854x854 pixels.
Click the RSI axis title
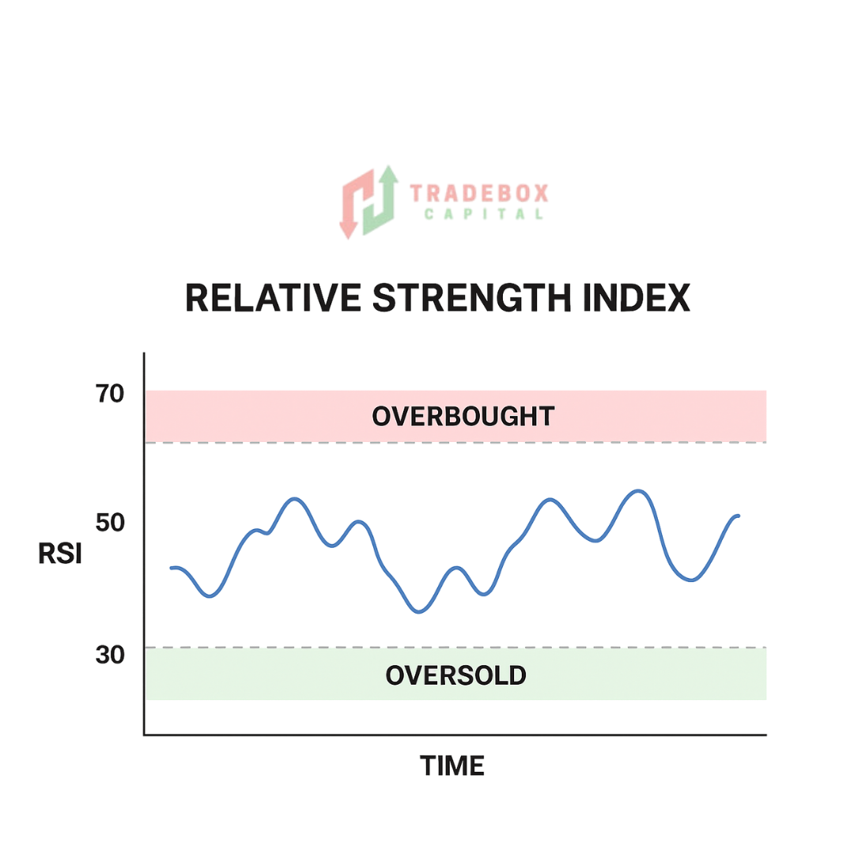pos(60,554)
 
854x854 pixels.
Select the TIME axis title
pos(452,765)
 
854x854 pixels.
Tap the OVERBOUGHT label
pos(463,416)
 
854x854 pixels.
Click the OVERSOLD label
pos(455,675)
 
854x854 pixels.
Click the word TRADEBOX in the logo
pos(478,193)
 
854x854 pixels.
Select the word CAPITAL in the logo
pos(483,214)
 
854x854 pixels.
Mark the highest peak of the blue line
pos(638,491)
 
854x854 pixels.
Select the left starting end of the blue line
pos(172,568)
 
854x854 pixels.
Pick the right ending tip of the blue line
pos(739,516)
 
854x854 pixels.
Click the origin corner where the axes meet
pos(144,735)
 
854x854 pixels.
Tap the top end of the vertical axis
pos(144,354)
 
